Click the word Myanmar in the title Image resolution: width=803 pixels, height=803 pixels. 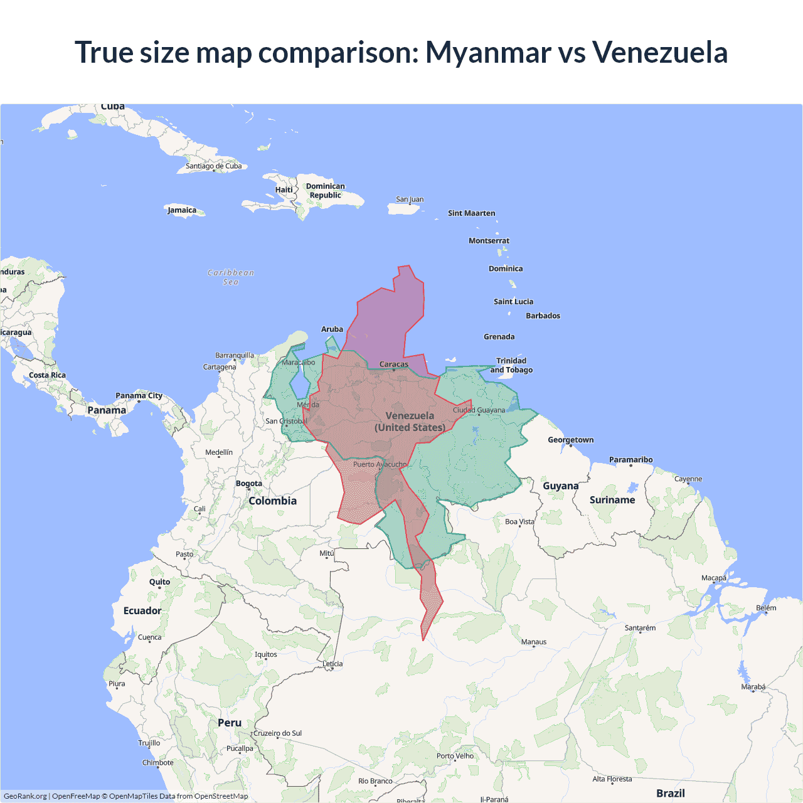click(x=488, y=52)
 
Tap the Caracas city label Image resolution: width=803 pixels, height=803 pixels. click(x=394, y=364)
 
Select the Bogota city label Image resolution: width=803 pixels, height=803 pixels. click(x=249, y=484)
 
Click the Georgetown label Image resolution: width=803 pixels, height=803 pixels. click(x=570, y=440)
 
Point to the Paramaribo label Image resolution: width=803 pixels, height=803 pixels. click(x=630, y=460)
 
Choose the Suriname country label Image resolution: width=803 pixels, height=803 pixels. click(x=612, y=500)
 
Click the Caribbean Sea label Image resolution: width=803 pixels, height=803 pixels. click(x=231, y=277)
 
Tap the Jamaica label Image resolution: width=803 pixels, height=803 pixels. click(x=182, y=210)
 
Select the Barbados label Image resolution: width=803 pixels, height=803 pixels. click(x=543, y=316)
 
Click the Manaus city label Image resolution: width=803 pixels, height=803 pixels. click(x=534, y=642)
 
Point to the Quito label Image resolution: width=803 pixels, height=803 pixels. click(x=159, y=582)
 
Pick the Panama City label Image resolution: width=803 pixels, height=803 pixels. click(x=139, y=396)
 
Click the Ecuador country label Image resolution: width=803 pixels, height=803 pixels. click(x=142, y=610)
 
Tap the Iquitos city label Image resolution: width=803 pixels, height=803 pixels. click(x=266, y=654)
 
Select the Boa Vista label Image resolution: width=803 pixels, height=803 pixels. click(x=519, y=521)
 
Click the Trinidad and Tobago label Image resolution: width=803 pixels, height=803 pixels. click(x=511, y=365)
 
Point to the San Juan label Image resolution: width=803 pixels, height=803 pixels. click(x=410, y=199)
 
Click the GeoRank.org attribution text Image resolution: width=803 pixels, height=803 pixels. click(x=25, y=796)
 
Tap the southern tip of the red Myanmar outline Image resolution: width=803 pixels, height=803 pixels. click(x=423, y=640)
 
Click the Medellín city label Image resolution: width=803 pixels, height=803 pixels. click(x=219, y=452)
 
